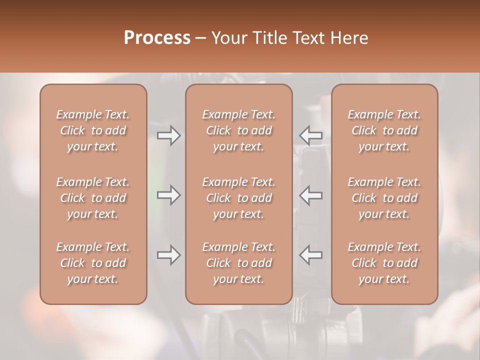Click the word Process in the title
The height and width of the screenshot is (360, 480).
point(157,37)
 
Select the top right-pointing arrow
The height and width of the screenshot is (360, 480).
point(168,135)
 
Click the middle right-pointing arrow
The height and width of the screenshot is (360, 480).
point(168,195)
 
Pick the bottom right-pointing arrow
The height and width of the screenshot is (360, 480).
point(168,255)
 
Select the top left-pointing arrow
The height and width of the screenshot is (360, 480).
point(311,135)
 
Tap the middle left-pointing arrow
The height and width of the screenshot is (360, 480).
point(311,195)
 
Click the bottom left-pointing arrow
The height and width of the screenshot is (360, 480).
point(311,255)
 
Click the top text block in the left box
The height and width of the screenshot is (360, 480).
point(93,130)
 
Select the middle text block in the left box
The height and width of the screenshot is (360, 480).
point(93,198)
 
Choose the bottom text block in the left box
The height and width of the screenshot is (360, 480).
point(93,263)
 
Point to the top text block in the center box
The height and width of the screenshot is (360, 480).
point(238,130)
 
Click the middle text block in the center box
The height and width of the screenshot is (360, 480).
point(238,198)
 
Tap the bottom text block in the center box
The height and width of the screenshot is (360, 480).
point(238,263)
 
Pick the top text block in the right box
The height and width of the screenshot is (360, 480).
point(384,130)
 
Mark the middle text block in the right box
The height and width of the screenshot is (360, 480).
point(384,198)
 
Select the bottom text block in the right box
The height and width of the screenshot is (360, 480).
point(384,263)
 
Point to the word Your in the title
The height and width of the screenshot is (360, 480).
point(227,37)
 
